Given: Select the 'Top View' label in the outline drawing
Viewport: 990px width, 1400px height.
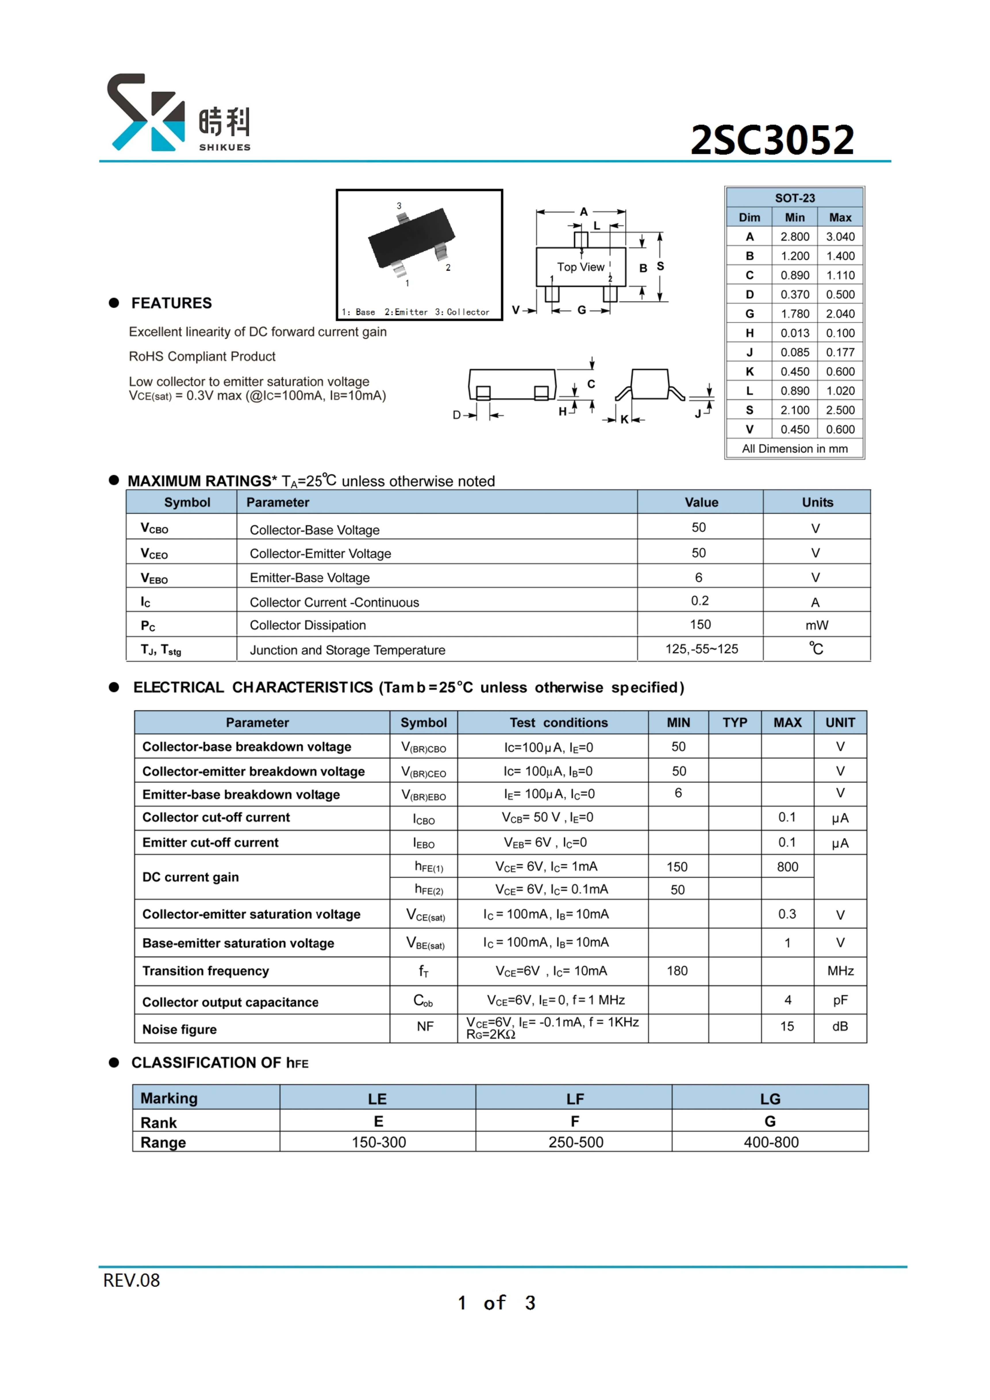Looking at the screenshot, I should pyautogui.click(x=580, y=267).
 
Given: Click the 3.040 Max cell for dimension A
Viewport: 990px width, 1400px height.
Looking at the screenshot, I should pyautogui.click(x=840, y=236).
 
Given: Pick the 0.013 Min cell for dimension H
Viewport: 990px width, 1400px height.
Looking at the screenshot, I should pyautogui.click(x=795, y=333).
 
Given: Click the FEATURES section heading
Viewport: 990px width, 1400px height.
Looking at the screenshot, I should pyautogui.click(x=171, y=303).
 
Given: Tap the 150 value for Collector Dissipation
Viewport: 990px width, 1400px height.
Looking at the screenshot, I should pyautogui.click(x=700, y=624).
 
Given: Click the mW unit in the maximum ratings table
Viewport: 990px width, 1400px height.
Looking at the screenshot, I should pyautogui.click(x=816, y=625).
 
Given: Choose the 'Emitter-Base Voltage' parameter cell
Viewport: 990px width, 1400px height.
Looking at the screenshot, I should pyautogui.click(x=310, y=577).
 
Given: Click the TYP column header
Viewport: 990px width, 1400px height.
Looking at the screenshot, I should pyautogui.click(x=735, y=723).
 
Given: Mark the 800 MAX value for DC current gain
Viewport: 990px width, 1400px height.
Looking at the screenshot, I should pyautogui.click(x=787, y=866).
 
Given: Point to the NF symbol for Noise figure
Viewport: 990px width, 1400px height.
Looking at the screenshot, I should pyautogui.click(x=425, y=1026).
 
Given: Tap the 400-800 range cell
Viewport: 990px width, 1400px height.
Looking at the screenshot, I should pyautogui.click(x=770, y=1142).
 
